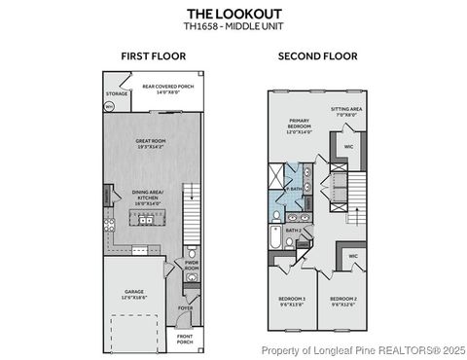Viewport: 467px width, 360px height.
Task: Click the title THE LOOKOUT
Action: (x=233, y=12)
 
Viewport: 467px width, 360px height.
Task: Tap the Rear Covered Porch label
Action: (x=163, y=88)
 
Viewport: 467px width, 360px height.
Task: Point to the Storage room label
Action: (x=116, y=93)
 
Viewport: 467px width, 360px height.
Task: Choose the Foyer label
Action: (x=185, y=310)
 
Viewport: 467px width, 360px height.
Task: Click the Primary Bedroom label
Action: (x=300, y=126)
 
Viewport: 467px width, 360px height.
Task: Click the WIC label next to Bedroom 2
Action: (x=353, y=257)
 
